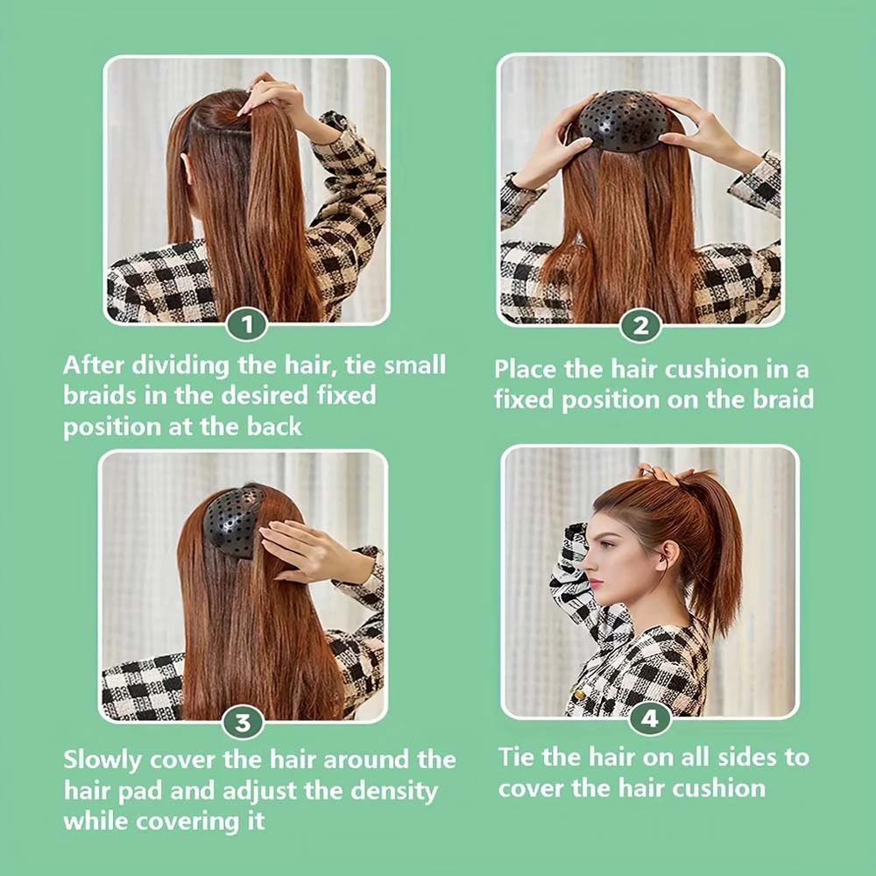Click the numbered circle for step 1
247,326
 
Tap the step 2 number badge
640,326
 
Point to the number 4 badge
649,719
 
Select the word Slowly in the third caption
106,759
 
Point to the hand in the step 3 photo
307,547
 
